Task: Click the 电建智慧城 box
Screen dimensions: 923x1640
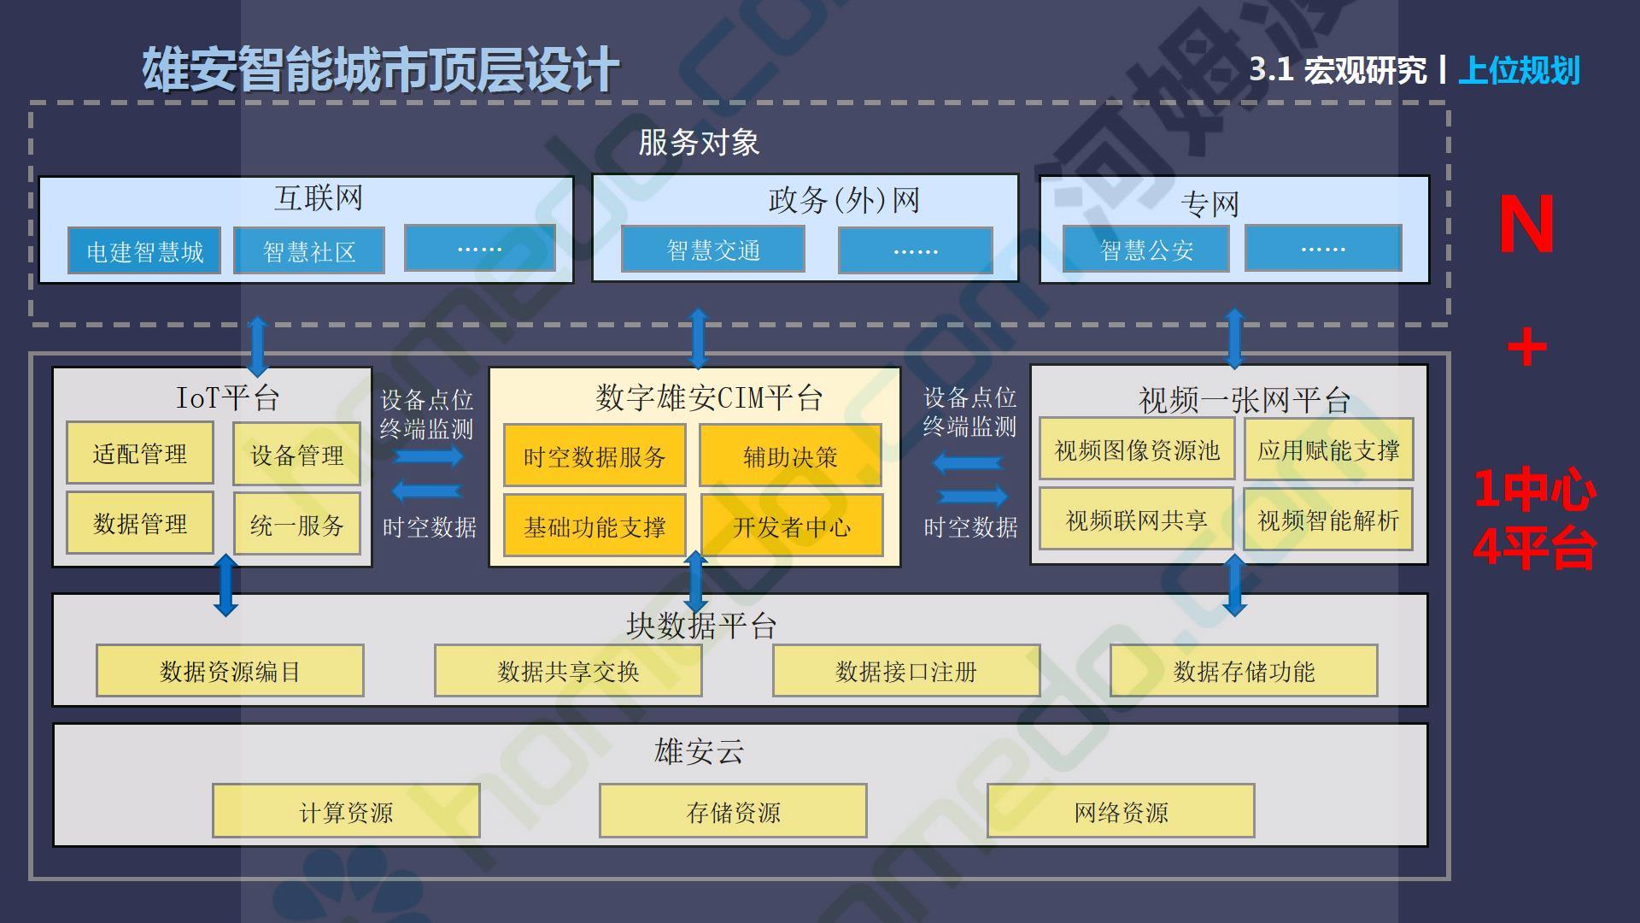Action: coord(144,251)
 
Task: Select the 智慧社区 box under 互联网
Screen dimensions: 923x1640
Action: coord(309,251)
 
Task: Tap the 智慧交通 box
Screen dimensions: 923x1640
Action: coord(713,250)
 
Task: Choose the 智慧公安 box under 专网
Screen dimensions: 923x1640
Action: coord(1146,250)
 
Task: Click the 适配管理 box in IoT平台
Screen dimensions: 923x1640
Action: coord(140,453)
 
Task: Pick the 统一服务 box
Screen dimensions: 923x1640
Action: coord(297,524)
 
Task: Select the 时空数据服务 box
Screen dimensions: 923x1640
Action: coord(594,456)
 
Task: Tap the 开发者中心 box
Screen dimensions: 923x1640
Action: coord(792,526)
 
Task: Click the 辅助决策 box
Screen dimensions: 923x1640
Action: coord(790,456)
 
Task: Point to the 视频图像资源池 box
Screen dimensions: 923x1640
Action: coord(1137,450)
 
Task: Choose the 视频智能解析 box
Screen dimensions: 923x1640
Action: coord(1328,520)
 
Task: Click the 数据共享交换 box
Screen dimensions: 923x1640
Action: coord(568,672)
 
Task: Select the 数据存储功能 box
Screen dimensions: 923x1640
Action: coord(1244,672)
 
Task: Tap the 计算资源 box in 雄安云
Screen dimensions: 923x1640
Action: coord(346,811)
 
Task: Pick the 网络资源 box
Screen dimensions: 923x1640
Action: coord(1121,811)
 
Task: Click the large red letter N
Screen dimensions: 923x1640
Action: coord(1526,225)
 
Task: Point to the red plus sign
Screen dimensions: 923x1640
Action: coord(1527,349)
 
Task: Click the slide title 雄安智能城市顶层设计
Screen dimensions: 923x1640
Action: coord(380,69)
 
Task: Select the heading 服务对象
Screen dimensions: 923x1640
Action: coord(699,143)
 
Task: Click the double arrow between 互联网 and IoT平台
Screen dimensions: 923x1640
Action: coord(257,346)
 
